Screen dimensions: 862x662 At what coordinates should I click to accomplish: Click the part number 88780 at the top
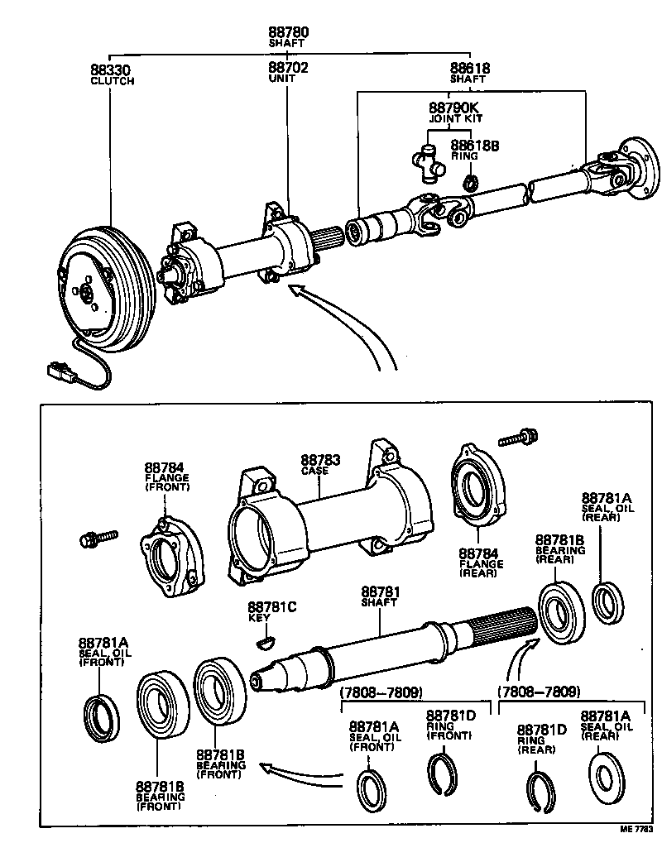click(x=287, y=32)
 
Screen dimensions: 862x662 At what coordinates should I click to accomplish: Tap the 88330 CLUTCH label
click(x=112, y=74)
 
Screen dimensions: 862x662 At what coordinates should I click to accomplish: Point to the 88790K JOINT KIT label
click(x=455, y=112)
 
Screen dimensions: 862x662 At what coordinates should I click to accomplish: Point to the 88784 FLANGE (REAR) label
click(x=481, y=562)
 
